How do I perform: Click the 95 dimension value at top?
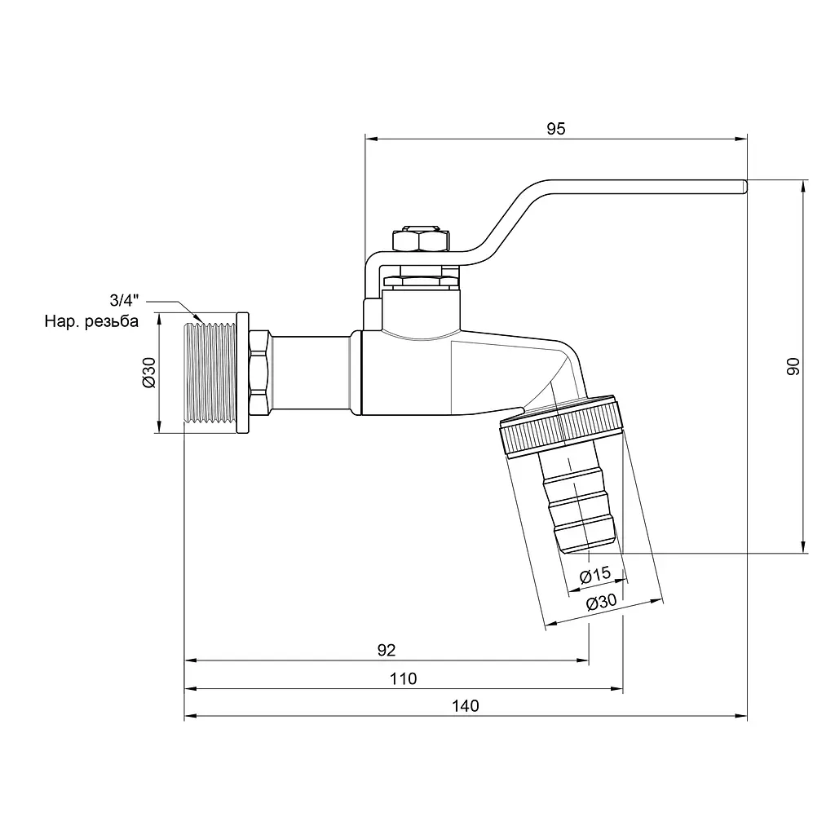coord(555,129)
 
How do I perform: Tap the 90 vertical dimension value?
coord(793,366)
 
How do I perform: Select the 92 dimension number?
coord(387,650)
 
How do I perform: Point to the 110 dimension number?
coord(403,678)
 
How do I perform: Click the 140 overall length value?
coord(466,705)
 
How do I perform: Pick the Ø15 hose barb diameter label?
coord(594,575)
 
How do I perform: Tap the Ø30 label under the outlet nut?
coord(601,603)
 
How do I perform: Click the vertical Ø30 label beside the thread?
coord(150,372)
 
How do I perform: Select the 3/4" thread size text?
coord(124,300)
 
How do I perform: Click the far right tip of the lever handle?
coord(746,187)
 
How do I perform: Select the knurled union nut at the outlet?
coord(561,426)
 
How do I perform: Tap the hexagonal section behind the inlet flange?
coord(260,372)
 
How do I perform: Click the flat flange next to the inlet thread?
coord(242,372)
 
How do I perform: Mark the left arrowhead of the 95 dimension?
coord(372,139)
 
